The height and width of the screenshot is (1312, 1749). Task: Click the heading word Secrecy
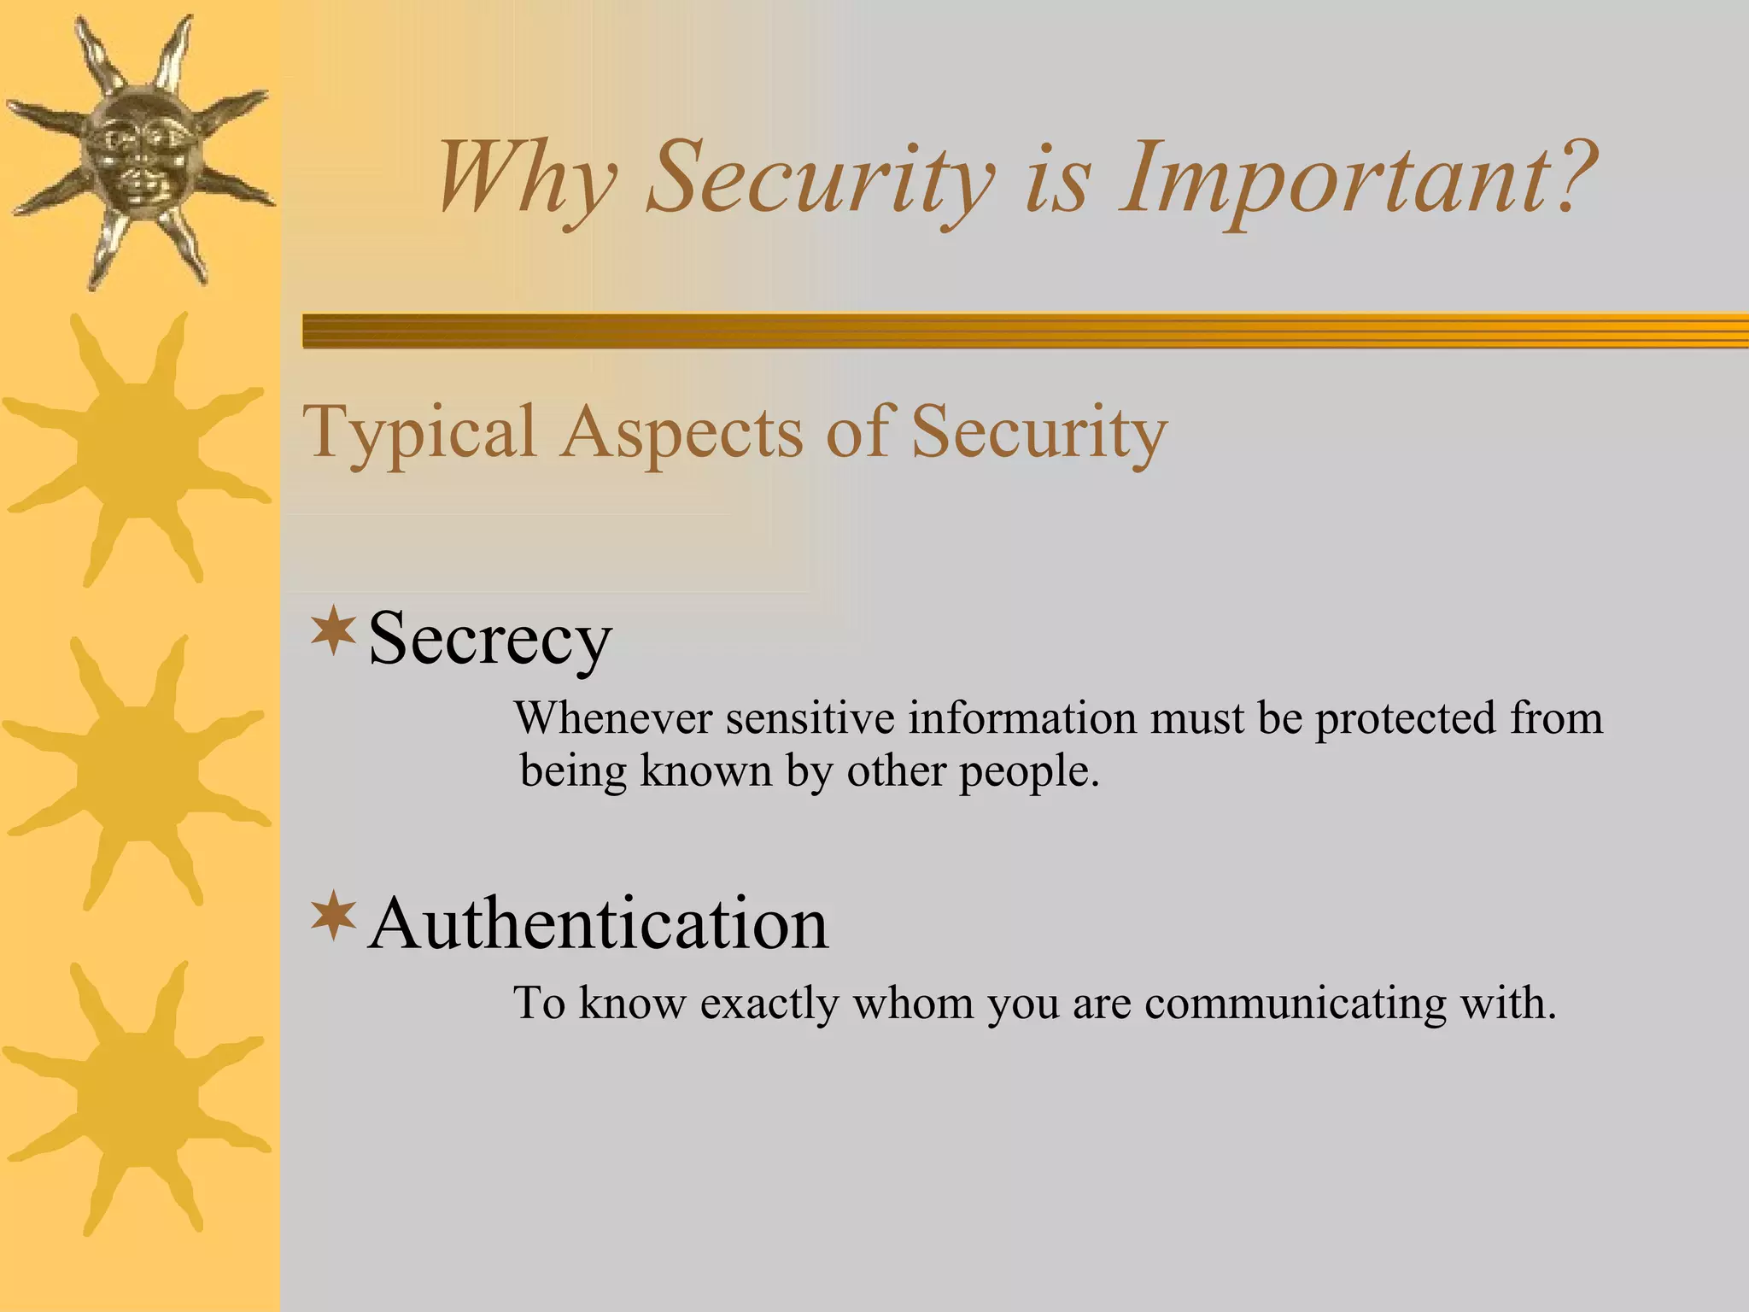point(489,639)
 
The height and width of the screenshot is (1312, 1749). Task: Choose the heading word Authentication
point(598,924)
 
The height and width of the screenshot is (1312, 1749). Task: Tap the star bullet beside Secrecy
point(333,633)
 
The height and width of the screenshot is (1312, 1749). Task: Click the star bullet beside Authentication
point(333,917)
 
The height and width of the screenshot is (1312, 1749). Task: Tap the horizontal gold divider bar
point(1025,331)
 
